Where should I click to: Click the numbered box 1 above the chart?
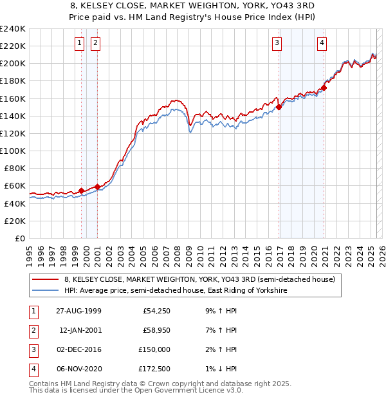(79, 43)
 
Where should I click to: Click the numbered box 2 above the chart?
(95, 43)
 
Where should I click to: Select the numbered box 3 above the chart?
(277, 43)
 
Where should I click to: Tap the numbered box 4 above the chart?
(321, 43)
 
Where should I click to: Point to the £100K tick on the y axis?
(13, 151)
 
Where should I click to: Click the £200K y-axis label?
(13, 64)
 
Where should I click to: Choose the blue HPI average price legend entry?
(175, 291)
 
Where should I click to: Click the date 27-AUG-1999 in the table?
(78, 311)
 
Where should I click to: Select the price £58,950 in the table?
(156, 330)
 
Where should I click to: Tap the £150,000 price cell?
(154, 349)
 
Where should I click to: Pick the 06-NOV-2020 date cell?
(78, 369)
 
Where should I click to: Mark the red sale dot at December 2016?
(279, 107)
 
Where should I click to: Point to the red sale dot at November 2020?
(324, 88)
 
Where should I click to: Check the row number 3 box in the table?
(32, 349)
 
